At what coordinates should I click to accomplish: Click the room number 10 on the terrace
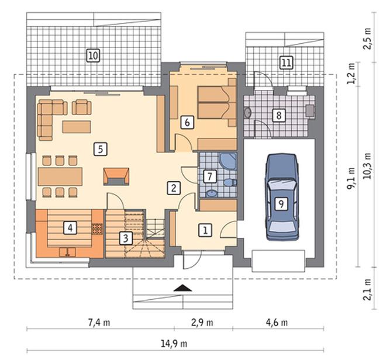(x=93, y=56)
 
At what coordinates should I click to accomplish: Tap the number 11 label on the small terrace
(x=286, y=63)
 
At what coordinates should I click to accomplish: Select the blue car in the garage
(x=282, y=197)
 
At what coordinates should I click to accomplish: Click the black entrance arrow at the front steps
(x=182, y=288)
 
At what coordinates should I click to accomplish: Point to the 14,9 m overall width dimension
(x=174, y=343)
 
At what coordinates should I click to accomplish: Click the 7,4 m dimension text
(x=99, y=323)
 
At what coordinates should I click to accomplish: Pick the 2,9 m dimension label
(x=202, y=323)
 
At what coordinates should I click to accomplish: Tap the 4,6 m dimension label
(x=277, y=323)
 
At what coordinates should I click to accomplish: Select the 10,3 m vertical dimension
(x=367, y=166)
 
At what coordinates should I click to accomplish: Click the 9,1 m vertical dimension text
(x=351, y=179)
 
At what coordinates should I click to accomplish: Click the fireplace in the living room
(x=116, y=176)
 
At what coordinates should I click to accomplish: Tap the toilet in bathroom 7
(x=230, y=182)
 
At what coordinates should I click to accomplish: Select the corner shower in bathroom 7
(x=228, y=161)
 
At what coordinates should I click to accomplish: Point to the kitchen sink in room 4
(x=67, y=252)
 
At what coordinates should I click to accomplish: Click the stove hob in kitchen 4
(x=97, y=229)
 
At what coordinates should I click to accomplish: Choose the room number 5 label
(x=100, y=149)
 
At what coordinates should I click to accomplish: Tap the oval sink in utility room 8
(x=247, y=113)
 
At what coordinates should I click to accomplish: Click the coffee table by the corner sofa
(x=77, y=127)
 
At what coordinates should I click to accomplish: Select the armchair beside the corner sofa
(x=82, y=107)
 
